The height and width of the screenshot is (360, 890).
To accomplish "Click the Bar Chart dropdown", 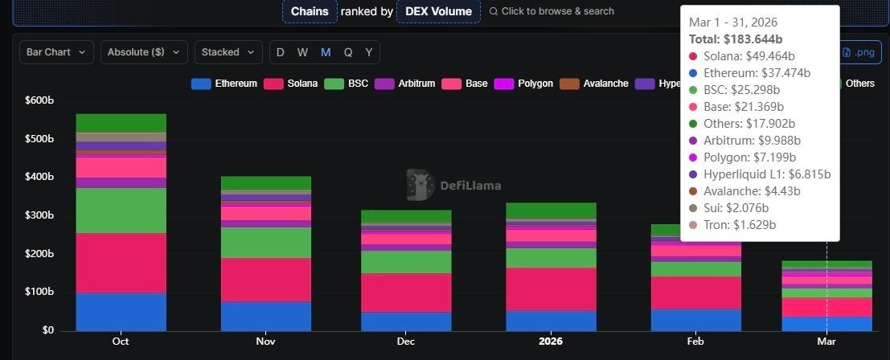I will pos(56,52).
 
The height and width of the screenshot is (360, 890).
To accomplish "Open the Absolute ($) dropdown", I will pos(144,52).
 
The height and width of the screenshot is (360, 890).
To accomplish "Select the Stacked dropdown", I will pos(228,52).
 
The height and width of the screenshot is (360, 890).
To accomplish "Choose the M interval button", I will pos(326,52).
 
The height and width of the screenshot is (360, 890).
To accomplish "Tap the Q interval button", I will pos(347,52).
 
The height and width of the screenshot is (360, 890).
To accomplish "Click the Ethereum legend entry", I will pos(225,84).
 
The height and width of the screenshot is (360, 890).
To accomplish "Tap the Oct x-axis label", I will pos(121,342).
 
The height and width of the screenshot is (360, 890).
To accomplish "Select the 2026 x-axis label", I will pos(551,342).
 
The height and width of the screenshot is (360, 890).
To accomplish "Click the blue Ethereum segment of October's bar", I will pos(121,312).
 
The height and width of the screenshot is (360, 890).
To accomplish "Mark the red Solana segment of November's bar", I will pos(265,280).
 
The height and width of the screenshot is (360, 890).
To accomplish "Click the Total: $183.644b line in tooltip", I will pos(736,39).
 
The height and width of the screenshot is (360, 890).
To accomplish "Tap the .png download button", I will pos(858,52).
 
